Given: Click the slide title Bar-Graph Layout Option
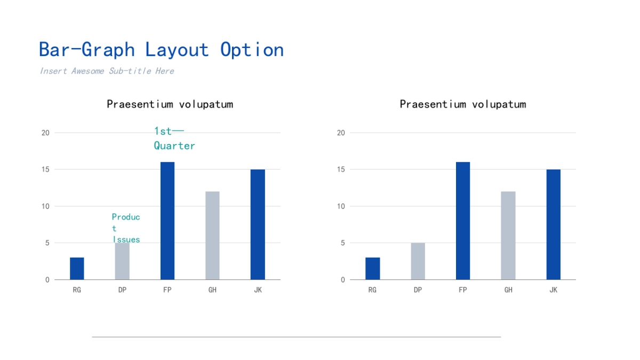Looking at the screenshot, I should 161,50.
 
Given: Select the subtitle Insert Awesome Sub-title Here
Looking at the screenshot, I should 107,71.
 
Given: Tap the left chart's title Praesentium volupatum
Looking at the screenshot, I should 170,104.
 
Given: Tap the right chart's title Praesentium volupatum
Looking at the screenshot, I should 463,104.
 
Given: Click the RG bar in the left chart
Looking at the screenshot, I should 77,268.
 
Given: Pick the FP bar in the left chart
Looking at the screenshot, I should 167,221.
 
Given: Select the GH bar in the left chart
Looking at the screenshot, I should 212,235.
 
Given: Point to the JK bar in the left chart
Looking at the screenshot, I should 258,225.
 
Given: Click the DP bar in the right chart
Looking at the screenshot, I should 418,261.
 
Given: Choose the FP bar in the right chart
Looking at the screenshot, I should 463,221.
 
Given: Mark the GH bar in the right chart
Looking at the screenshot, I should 508,235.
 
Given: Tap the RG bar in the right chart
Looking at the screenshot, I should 373,268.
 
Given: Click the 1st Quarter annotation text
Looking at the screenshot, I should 174,138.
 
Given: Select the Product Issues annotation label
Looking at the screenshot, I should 126,228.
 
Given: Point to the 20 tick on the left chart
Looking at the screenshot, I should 45,133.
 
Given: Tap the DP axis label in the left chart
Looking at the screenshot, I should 122,290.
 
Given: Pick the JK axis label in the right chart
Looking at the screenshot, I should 554,290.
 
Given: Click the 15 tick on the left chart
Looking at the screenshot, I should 45,170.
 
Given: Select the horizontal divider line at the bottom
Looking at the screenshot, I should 296,337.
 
